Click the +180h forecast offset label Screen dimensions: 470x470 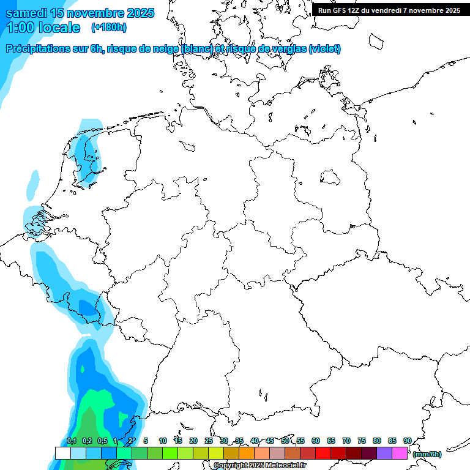[x=109, y=28]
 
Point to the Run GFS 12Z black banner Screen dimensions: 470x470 [x=389, y=10]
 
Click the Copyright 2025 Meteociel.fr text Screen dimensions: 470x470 [x=259, y=466]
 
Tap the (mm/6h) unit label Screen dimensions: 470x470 [x=427, y=454]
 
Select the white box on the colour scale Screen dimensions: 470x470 [x=62, y=453]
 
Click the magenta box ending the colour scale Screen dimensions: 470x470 [x=400, y=453]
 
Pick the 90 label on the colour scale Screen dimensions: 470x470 [x=407, y=441]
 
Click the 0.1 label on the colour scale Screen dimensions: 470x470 [x=72, y=441]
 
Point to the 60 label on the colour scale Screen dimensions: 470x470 [x=316, y=441]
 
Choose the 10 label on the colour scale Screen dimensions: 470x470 [x=163, y=441]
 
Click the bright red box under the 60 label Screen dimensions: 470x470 [x=323, y=453]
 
